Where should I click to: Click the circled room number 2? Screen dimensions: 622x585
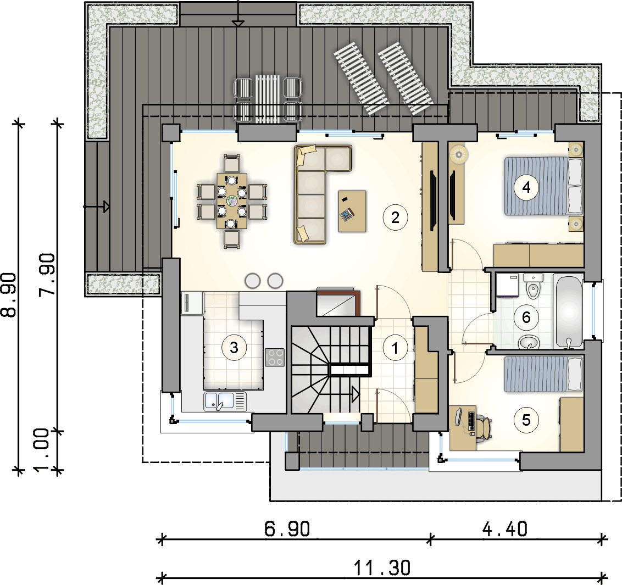click(x=395, y=218)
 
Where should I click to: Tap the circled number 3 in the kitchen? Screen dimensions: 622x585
click(x=234, y=348)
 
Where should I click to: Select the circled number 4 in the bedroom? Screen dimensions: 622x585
click(x=526, y=187)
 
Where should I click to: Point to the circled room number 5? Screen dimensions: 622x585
click(x=526, y=420)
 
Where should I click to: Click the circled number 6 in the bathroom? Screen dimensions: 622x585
click(x=526, y=317)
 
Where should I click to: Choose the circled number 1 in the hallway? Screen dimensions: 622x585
click(x=395, y=348)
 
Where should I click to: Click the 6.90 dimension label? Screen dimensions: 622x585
click(x=287, y=529)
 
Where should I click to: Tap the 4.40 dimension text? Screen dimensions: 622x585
click(x=505, y=529)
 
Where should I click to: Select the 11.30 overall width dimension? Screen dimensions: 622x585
click(x=382, y=568)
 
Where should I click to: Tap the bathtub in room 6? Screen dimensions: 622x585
click(x=569, y=312)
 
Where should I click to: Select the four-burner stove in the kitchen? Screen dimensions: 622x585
click(x=275, y=356)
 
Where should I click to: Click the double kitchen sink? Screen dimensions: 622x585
click(x=225, y=401)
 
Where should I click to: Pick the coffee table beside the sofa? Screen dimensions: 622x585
click(x=352, y=211)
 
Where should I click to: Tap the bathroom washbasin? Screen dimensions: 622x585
click(x=529, y=342)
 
